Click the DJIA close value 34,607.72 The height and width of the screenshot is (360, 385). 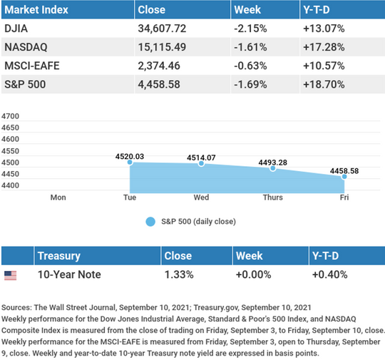162,29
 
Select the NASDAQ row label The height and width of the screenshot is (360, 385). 26,47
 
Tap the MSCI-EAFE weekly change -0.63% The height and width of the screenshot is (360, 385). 250,66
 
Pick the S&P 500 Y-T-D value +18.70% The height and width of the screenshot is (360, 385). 324,84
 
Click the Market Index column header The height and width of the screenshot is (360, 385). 36,10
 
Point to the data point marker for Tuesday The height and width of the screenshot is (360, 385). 130,162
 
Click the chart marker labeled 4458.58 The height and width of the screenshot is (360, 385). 344,177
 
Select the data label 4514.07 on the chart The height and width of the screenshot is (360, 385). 201,158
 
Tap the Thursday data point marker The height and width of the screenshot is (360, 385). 272,168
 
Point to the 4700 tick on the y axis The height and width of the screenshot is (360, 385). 10,116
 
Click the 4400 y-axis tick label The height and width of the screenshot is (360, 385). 10,185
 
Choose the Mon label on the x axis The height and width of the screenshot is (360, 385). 58,197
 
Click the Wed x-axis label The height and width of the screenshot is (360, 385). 201,197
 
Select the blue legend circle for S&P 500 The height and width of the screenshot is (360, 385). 150,222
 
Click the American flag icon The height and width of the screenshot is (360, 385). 10,276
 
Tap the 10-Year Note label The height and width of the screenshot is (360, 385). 69,274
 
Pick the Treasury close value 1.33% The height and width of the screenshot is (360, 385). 179,274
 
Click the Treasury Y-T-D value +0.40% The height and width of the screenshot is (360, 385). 330,274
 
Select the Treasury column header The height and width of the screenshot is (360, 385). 59,256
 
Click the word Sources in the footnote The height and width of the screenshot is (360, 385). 16,307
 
